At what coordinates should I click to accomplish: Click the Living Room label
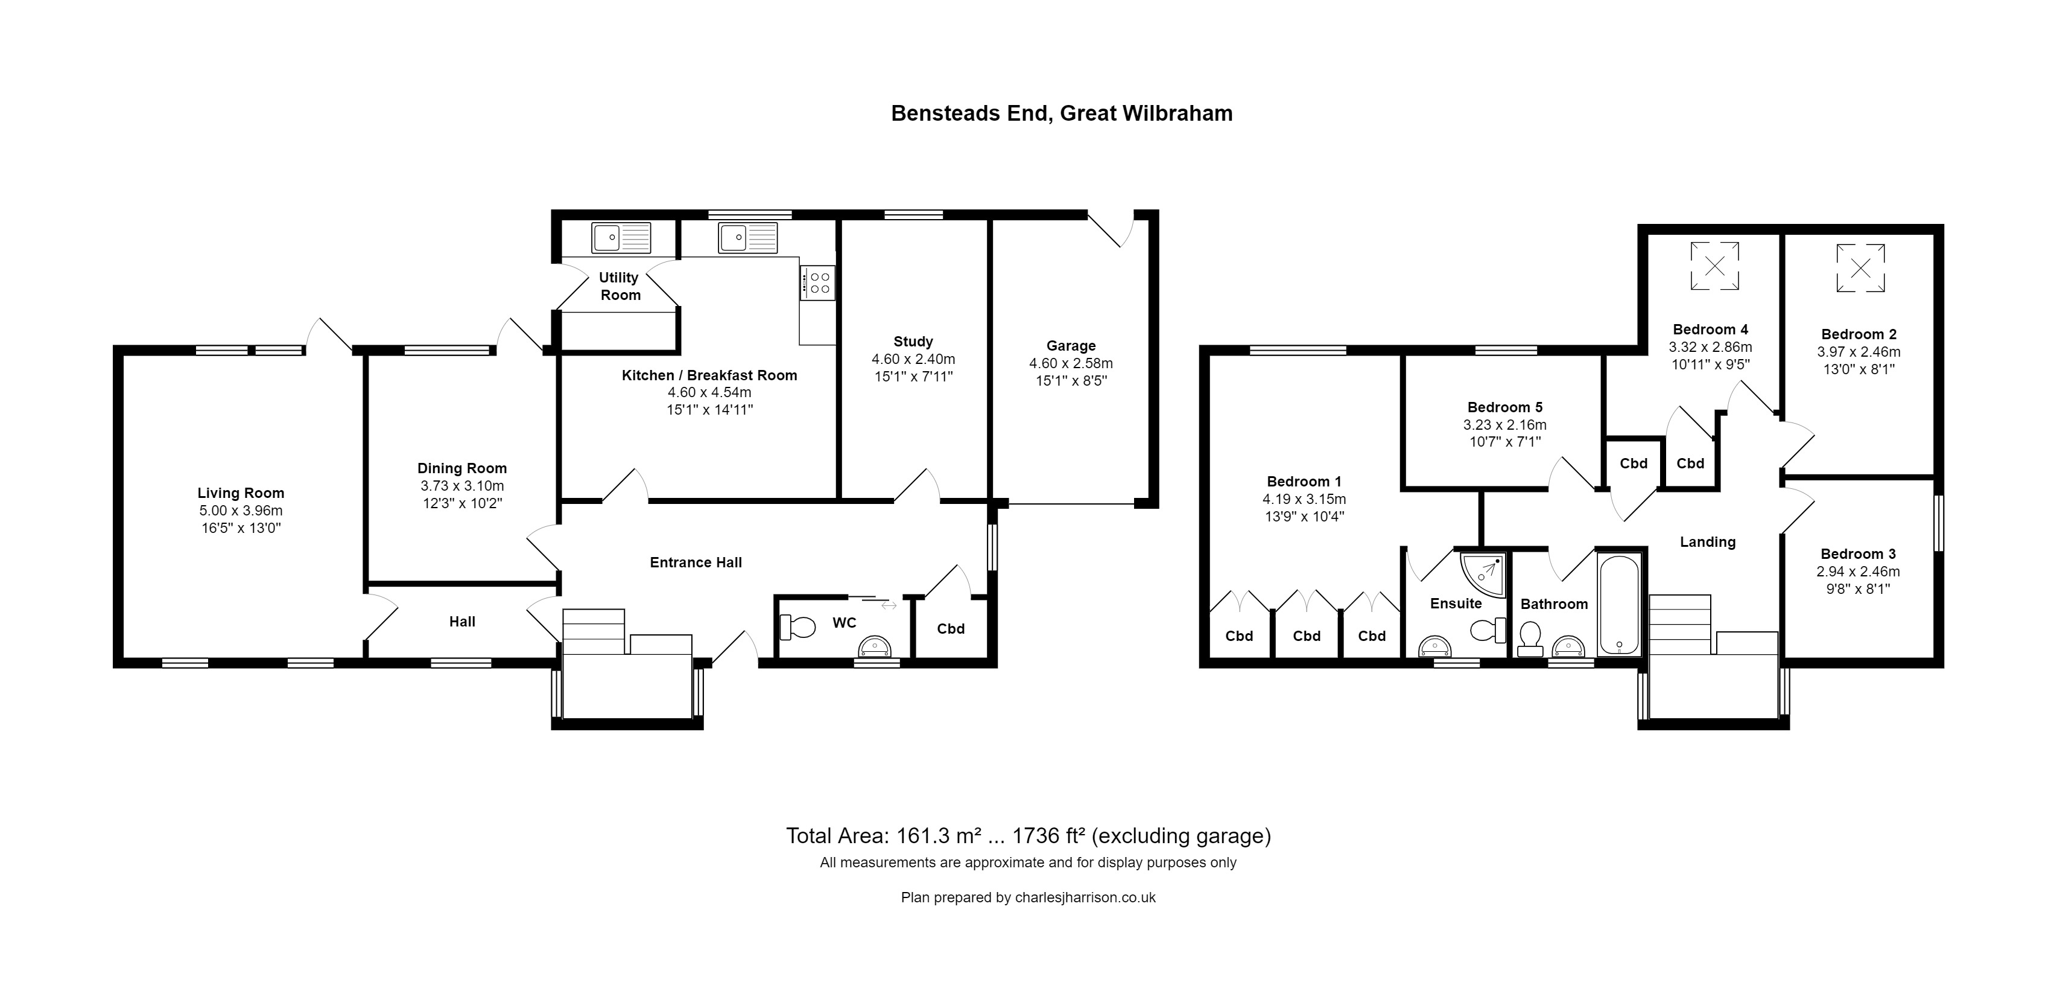coord(240,493)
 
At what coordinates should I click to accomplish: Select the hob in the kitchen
coord(819,282)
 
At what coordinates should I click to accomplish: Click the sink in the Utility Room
coord(621,237)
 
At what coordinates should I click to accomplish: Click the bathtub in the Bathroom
coord(1618,605)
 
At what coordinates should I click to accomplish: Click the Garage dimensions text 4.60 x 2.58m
coord(1070,363)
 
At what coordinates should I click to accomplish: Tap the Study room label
coord(913,341)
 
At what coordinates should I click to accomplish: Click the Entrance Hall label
coord(696,563)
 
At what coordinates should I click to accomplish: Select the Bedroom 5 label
coord(1504,407)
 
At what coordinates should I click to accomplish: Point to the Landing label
coord(1707,543)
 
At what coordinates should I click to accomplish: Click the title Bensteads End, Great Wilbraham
coord(1061,113)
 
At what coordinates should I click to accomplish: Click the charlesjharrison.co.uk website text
coord(1085,897)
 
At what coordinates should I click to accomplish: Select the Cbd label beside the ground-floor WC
coord(950,628)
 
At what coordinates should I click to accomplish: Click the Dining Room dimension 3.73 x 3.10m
coord(461,486)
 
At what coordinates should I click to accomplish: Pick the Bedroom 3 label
coord(1857,553)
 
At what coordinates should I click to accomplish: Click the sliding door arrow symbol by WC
coord(888,605)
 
